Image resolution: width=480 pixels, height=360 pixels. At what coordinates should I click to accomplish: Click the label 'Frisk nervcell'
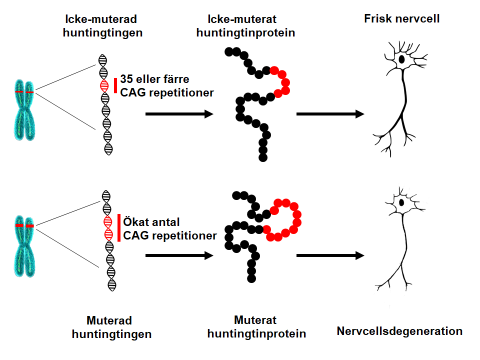tap(401, 19)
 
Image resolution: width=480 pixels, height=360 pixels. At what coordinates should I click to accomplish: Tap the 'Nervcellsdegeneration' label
tap(399, 331)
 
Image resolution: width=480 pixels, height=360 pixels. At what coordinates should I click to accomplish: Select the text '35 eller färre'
tap(154, 79)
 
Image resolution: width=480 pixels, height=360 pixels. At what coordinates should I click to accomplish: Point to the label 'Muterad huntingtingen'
tap(111, 327)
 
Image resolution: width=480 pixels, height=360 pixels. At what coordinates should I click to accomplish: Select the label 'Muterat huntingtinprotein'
tap(256, 326)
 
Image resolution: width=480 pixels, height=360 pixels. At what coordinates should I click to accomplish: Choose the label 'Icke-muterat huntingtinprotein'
tap(245, 26)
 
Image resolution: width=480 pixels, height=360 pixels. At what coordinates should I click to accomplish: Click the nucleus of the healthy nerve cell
tap(401, 59)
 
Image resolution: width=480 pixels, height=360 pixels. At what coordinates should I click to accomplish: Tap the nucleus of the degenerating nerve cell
tap(401, 203)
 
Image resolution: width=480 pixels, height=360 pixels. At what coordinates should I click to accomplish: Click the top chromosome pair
tap(24, 107)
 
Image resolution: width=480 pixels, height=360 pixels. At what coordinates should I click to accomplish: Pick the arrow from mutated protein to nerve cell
tap(329, 255)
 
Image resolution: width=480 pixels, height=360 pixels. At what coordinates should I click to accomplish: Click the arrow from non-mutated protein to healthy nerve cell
tap(329, 114)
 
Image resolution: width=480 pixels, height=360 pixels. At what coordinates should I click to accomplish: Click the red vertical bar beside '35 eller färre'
tap(115, 85)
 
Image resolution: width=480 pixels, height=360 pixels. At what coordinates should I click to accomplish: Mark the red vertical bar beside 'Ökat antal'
tap(119, 228)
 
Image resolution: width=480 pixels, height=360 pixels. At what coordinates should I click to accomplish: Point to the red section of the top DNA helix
tap(104, 85)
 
